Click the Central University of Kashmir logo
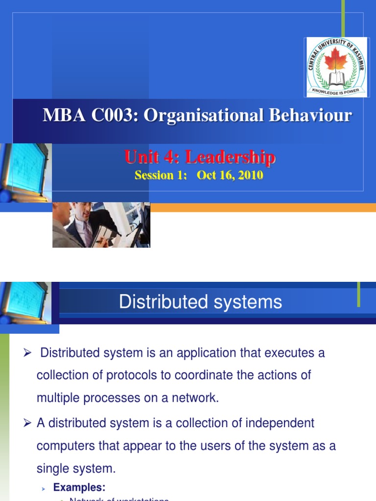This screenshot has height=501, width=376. point(335,67)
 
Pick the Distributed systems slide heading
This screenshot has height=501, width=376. point(200,302)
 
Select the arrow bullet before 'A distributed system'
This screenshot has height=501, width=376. point(27,423)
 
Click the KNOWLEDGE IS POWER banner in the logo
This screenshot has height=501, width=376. point(336,91)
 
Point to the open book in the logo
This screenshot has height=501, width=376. point(336,78)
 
